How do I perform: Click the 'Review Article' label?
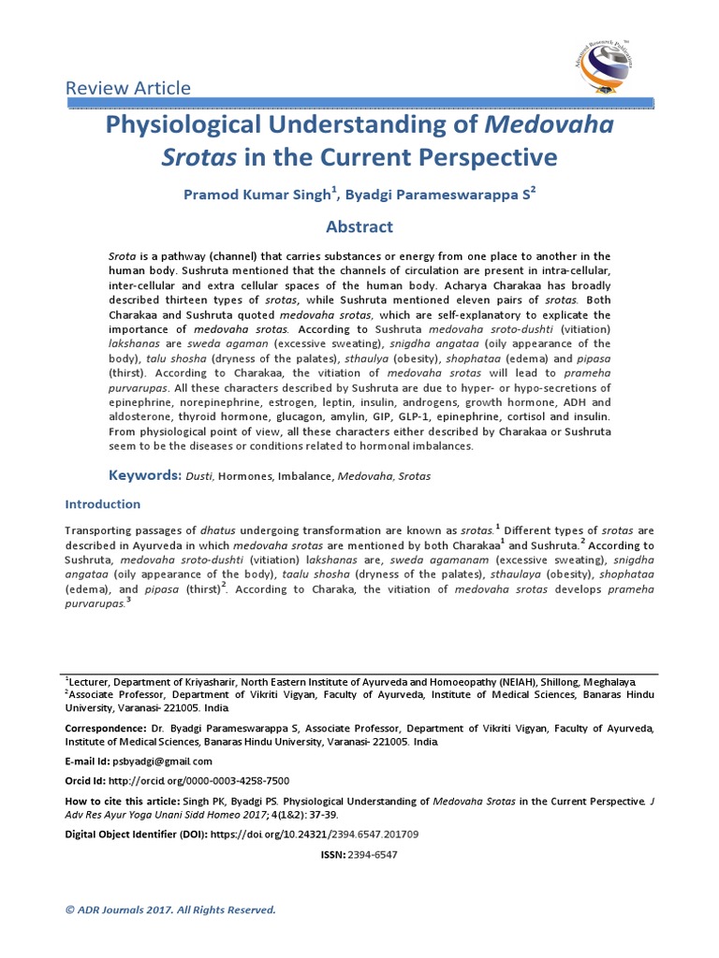point(127,88)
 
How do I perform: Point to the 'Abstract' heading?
point(359,226)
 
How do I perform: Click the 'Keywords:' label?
point(145,475)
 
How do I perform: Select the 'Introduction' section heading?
point(102,503)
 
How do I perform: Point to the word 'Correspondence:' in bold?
point(105,727)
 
